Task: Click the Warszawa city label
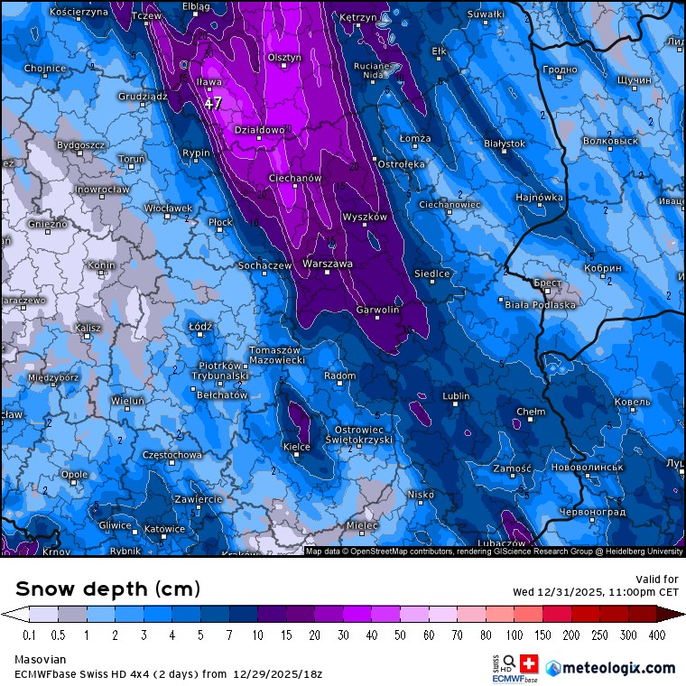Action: (327, 264)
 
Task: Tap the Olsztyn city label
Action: (284, 58)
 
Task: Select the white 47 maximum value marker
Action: (213, 104)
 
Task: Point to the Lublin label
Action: (457, 396)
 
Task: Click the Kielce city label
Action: (297, 447)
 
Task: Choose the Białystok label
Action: (504, 144)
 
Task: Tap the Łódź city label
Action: (200, 326)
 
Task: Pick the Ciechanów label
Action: (295, 179)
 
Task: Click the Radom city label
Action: (339, 375)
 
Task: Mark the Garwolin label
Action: (378, 310)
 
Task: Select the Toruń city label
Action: (132, 159)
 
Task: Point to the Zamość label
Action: (513, 469)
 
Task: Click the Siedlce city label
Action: (431, 273)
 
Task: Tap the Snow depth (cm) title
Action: (108, 589)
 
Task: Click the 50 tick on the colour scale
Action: (400, 635)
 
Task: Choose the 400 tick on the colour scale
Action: (657, 635)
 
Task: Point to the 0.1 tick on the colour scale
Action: (29, 635)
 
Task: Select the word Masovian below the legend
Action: (40, 660)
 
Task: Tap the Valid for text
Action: (657, 579)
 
